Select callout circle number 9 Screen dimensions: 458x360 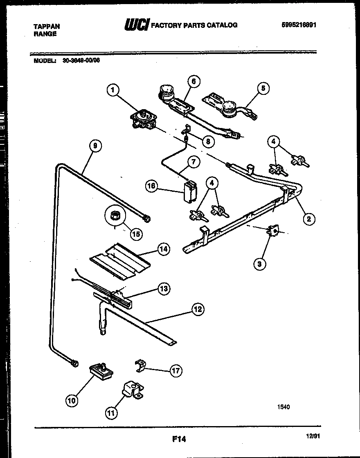(x=95, y=146)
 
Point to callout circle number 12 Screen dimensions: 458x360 (x=198, y=309)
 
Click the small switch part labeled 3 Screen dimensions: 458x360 (x=272, y=232)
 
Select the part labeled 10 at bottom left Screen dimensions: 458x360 (x=100, y=371)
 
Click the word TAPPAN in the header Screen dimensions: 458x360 (x=46, y=26)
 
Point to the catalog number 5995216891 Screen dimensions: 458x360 (x=299, y=25)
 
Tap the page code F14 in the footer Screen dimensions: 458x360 (x=179, y=440)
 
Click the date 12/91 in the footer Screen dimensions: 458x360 (x=313, y=437)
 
